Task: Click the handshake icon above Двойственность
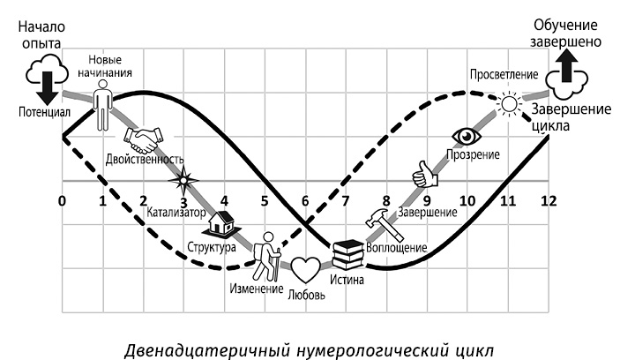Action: (145, 139)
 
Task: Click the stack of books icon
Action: (348, 257)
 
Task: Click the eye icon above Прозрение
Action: (465, 135)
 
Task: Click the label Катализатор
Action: (177, 213)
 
